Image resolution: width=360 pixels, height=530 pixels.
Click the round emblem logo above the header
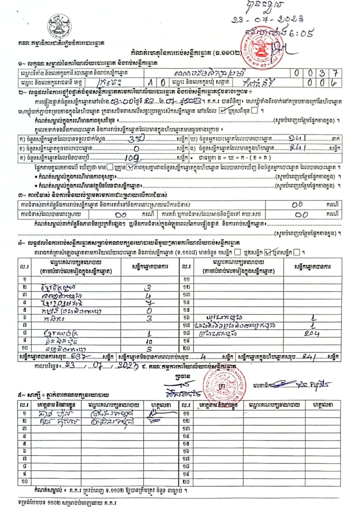point(59,26)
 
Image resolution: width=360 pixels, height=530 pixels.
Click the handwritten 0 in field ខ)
point(135,148)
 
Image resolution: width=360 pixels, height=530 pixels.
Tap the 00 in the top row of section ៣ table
point(297,205)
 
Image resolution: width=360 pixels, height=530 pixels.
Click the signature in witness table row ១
point(160,413)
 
